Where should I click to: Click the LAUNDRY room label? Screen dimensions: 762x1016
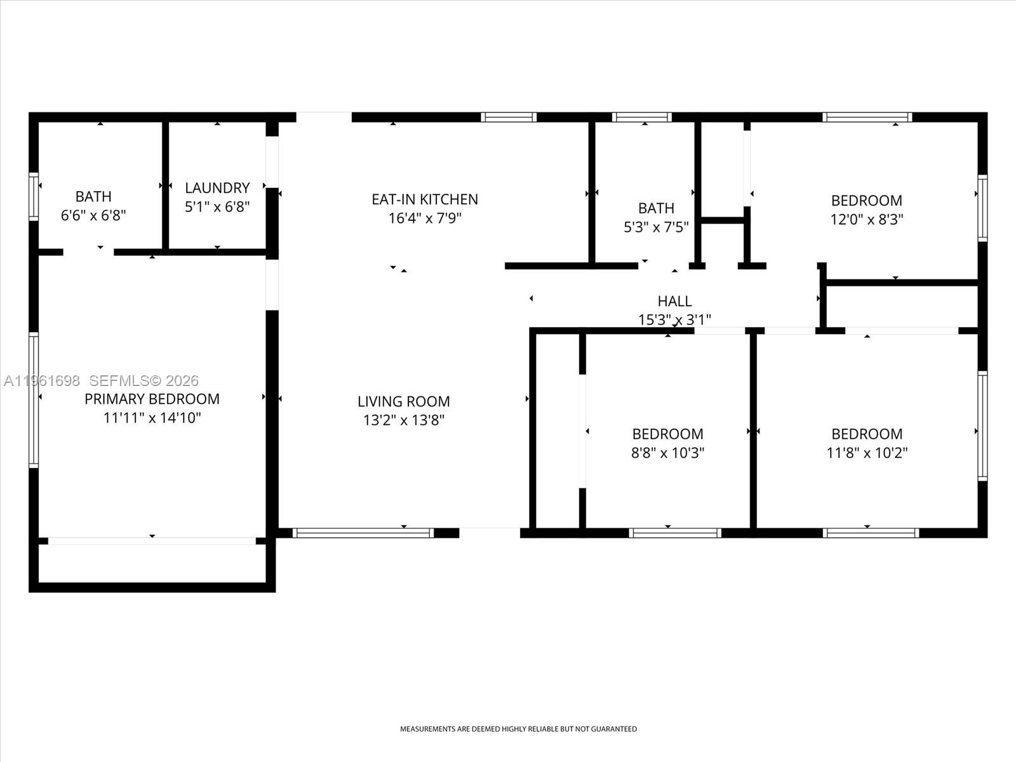click(x=217, y=188)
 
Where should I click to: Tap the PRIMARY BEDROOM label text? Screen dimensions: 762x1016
click(x=152, y=399)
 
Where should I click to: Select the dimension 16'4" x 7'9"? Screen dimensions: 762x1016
click(x=425, y=218)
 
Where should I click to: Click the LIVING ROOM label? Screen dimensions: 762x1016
click(x=403, y=401)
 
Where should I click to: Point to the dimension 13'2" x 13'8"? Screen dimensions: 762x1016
click(x=403, y=420)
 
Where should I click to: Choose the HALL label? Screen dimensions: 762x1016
click(x=674, y=301)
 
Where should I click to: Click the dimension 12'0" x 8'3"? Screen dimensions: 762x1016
click(x=867, y=220)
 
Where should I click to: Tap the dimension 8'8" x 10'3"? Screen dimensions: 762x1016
click(x=667, y=453)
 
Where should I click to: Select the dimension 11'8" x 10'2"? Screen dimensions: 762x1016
click(x=867, y=453)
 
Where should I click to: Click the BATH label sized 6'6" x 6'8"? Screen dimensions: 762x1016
click(x=93, y=197)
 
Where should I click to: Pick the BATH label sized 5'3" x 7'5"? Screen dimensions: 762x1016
click(x=656, y=208)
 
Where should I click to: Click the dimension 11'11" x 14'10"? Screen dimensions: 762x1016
click(x=152, y=418)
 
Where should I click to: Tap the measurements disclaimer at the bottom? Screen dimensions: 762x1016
click(x=518, y=729)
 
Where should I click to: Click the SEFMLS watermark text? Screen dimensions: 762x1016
click(x=144, y=381)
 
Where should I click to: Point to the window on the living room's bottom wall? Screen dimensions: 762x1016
click(x=363, y=533)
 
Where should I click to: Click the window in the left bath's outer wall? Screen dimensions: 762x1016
click(x=34, y=196)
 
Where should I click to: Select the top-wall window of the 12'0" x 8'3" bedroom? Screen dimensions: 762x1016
click(x=867, y=117)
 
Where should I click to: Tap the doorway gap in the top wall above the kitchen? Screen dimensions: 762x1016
click(x=324, y=117)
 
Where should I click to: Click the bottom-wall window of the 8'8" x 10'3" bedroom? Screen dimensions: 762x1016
click(x=674, y=533)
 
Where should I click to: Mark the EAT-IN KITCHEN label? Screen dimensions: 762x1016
click(x=425, y=199)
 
